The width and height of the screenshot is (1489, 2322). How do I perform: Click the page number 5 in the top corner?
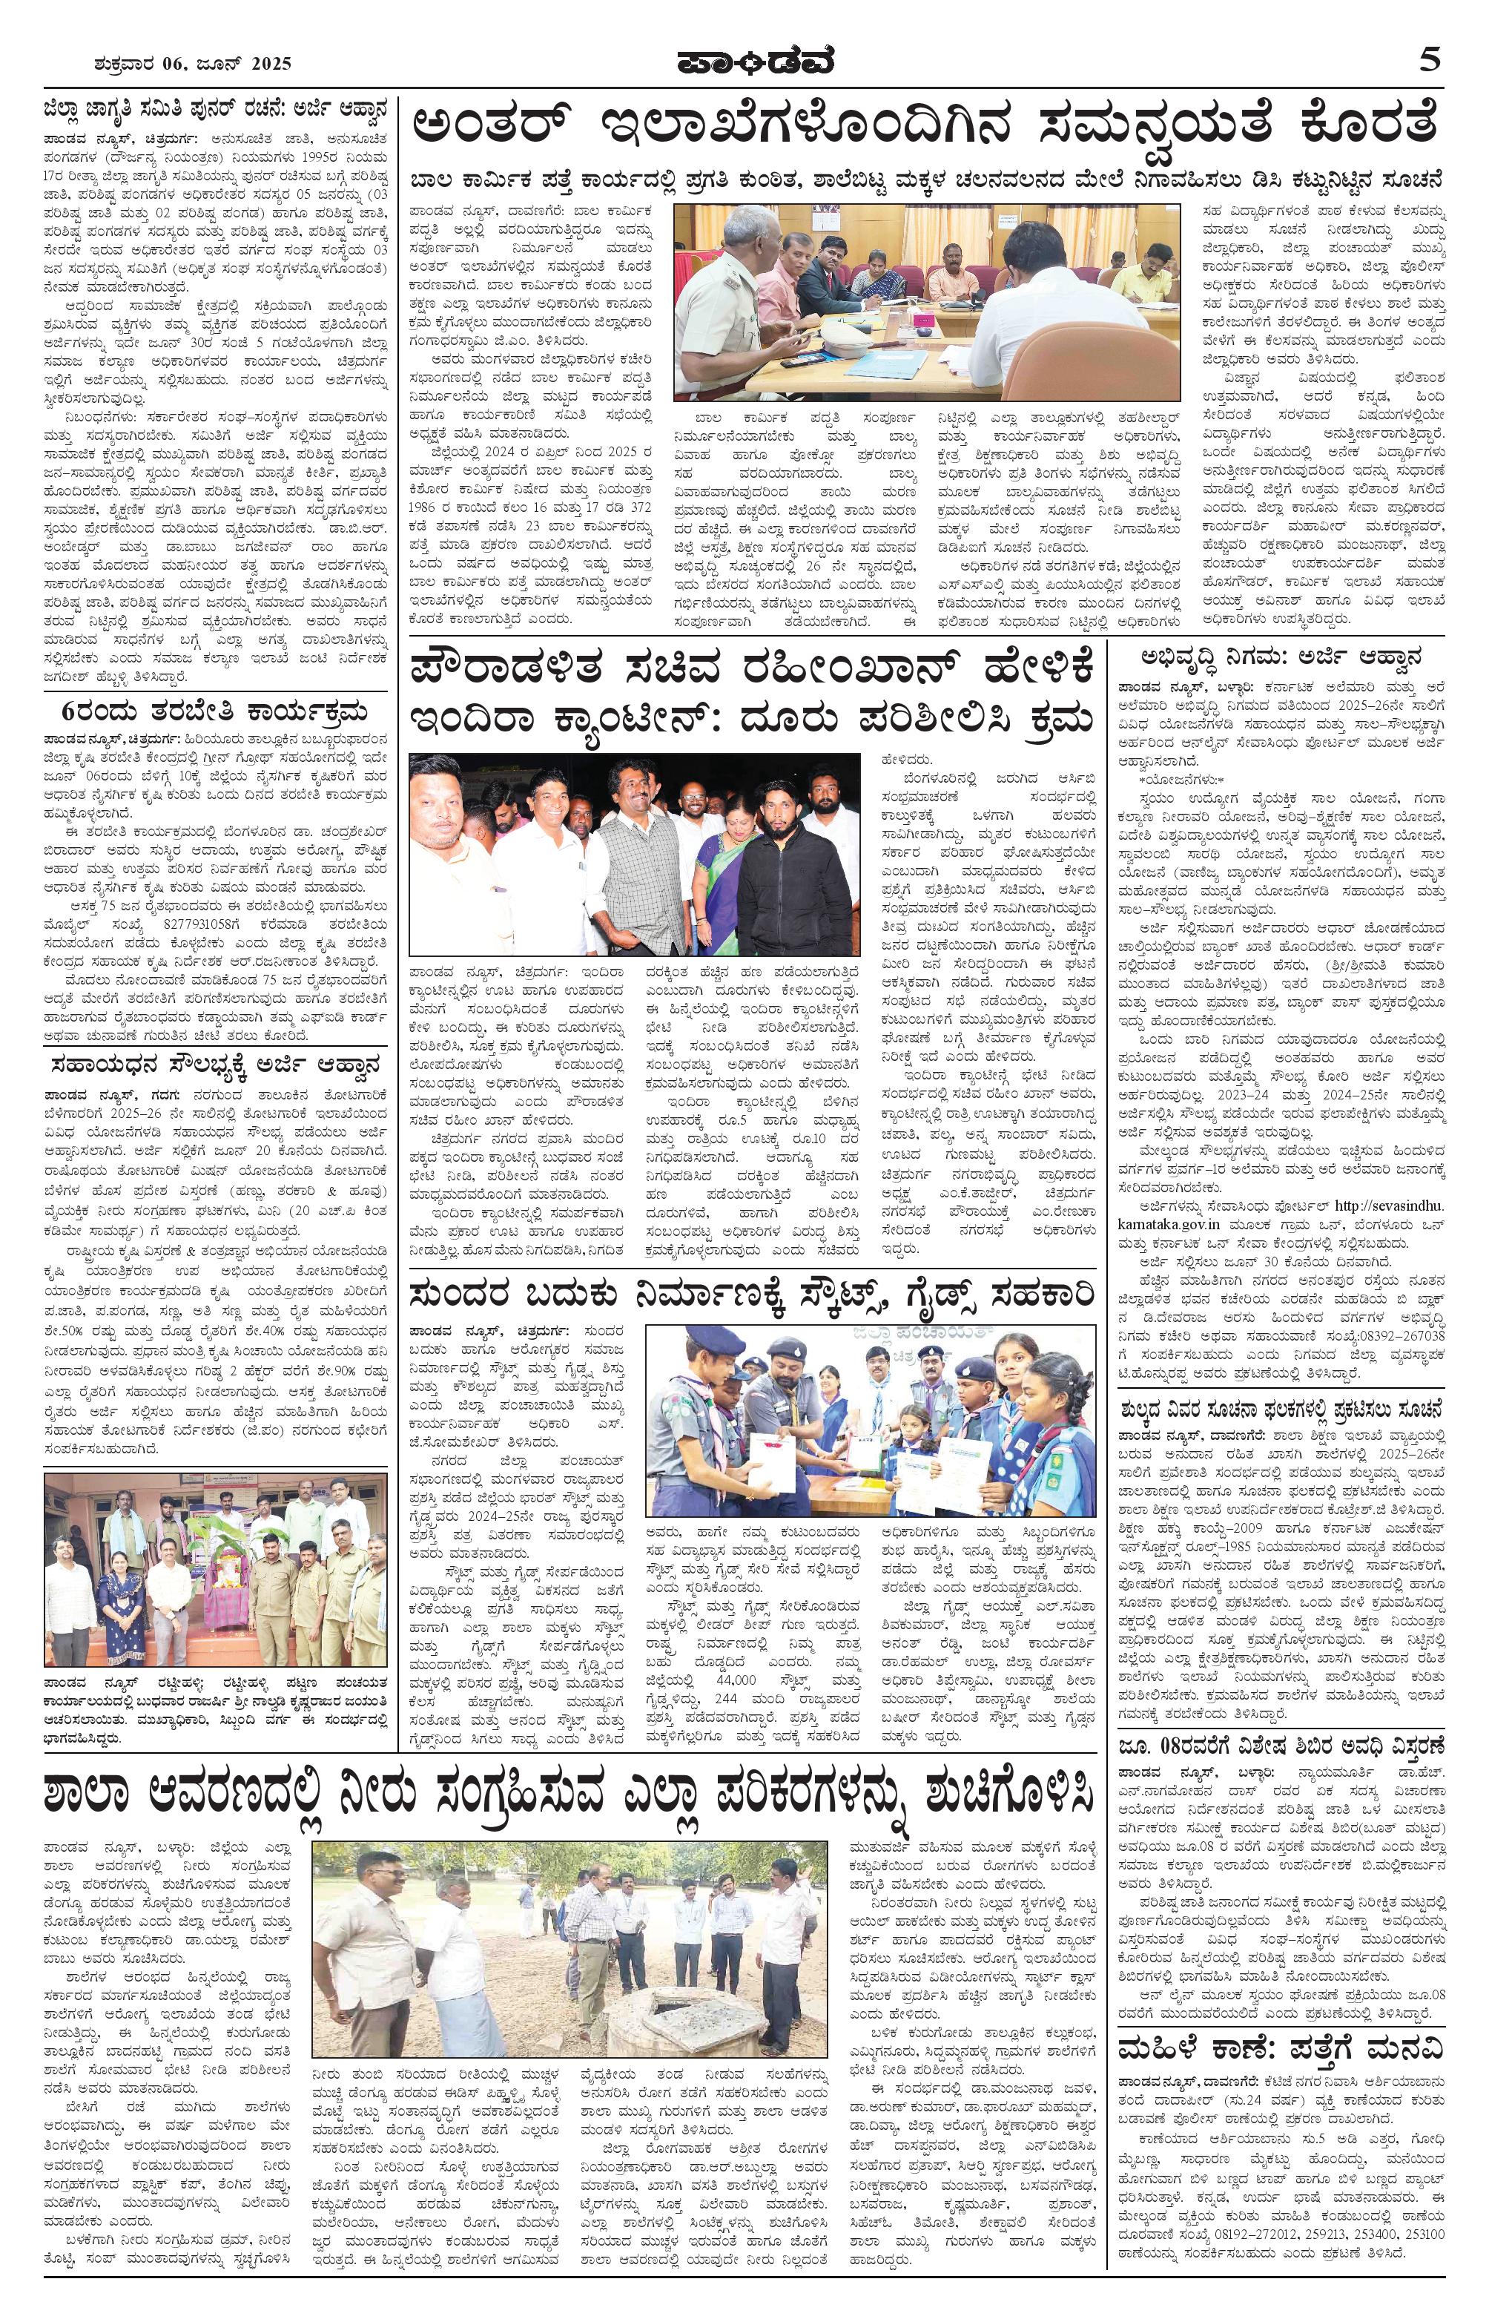[x=1430, y=60]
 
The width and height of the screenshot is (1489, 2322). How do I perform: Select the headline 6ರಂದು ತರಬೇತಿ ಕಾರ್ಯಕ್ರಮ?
[x=214, y=714]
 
